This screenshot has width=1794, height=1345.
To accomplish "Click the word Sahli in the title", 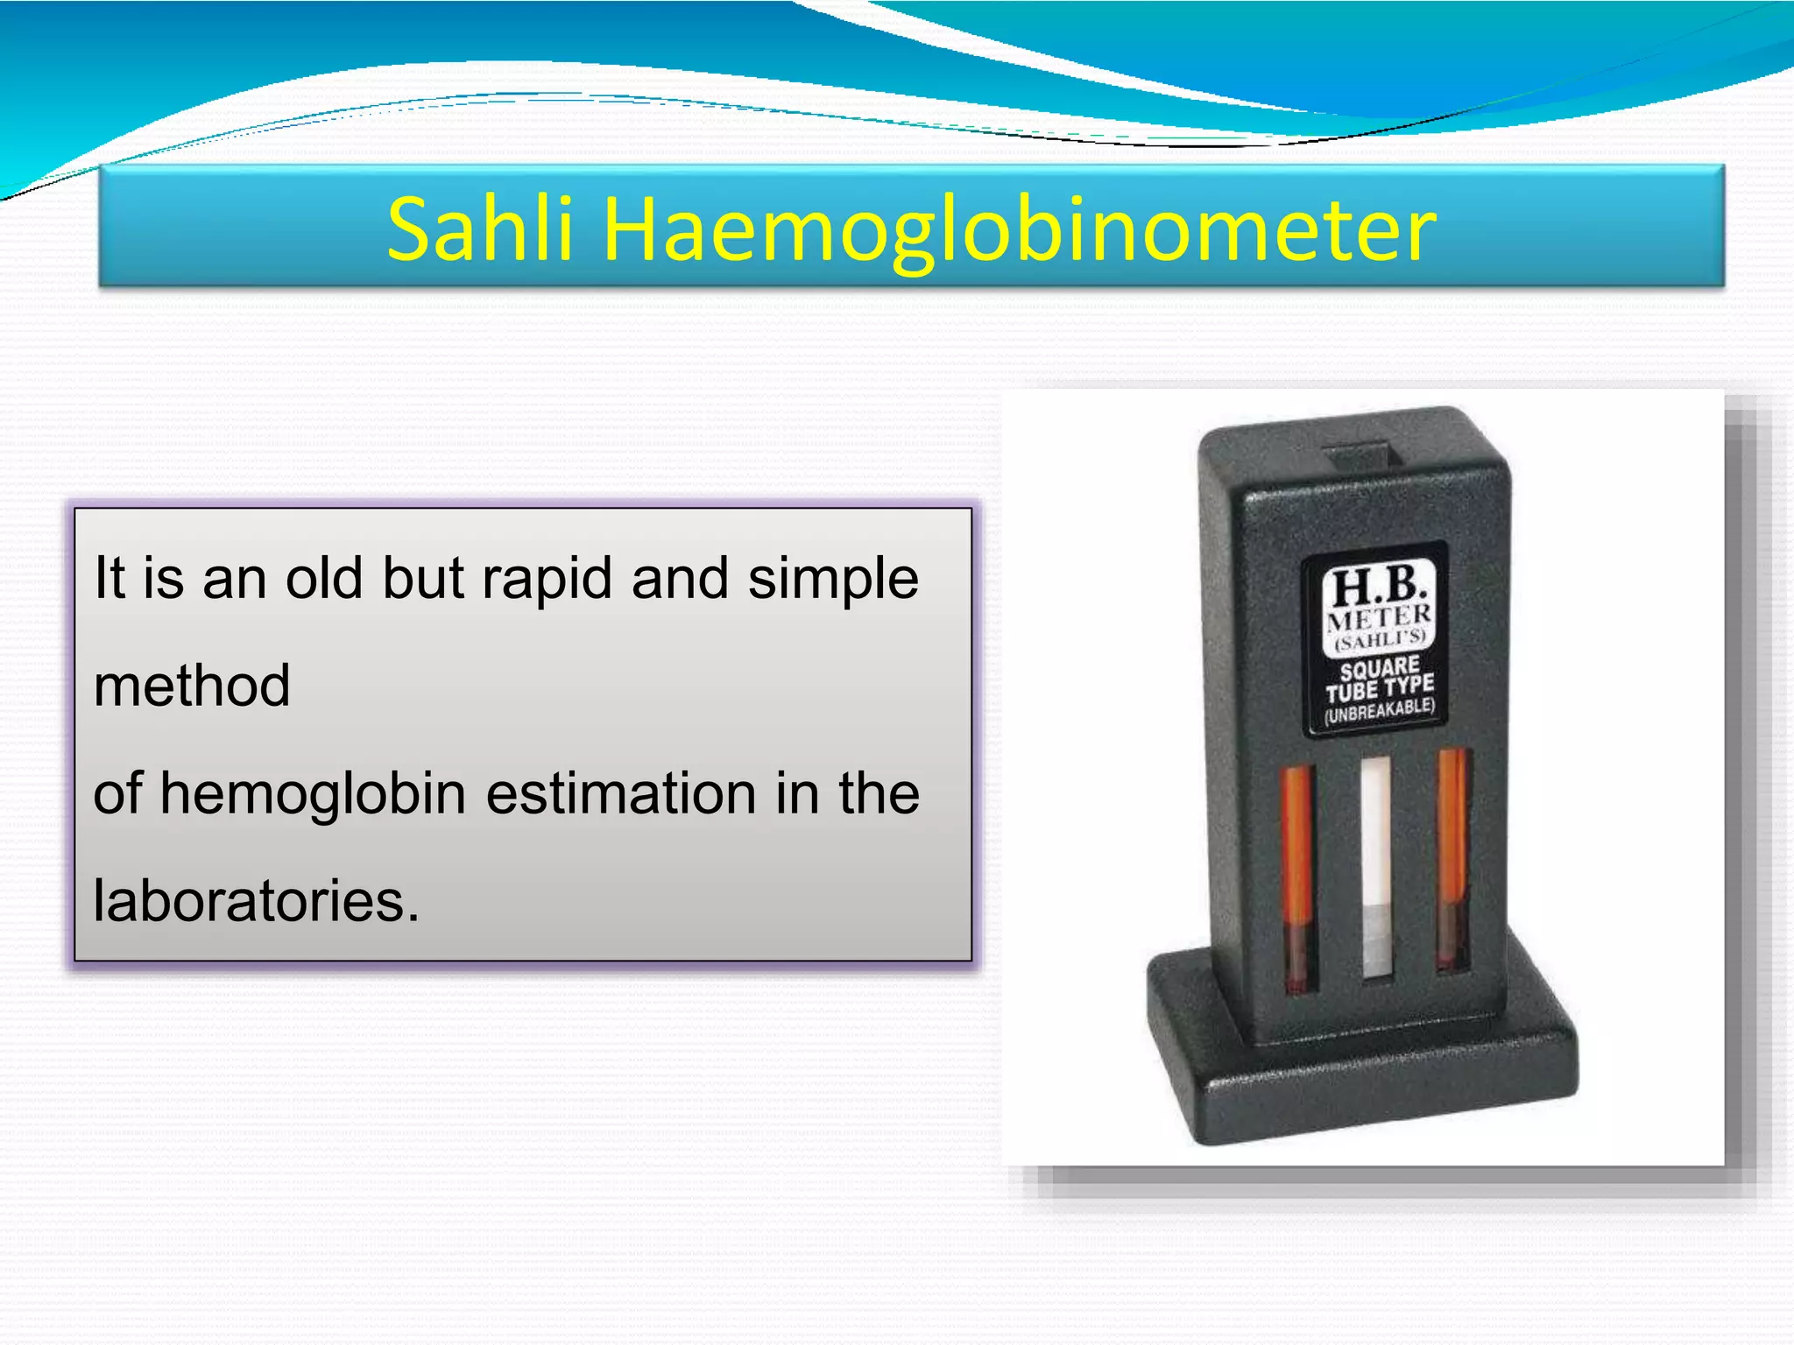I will (x=480, y=229).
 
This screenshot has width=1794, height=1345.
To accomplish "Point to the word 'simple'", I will (x=833, y=580).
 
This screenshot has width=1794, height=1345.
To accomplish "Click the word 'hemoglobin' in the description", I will (x=313, y=793).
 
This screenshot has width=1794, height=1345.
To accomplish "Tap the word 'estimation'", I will (x=621, y=793).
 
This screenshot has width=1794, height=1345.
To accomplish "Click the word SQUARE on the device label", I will (x=1380, y=669).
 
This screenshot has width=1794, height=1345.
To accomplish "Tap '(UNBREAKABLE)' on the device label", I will (x=1380, y=710).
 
